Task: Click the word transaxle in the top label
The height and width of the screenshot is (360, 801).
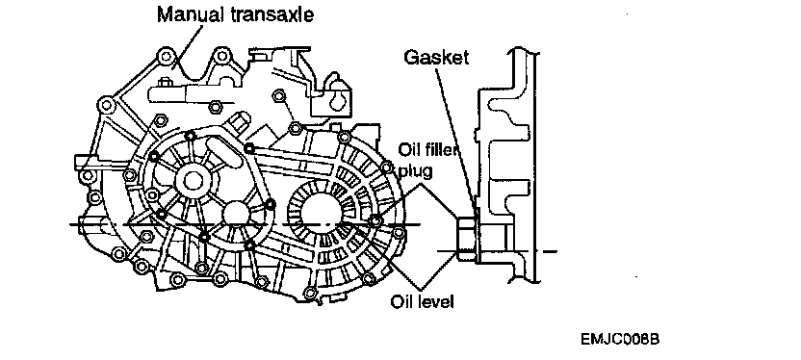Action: point(271,13)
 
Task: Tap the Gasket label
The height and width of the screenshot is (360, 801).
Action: point(436,57)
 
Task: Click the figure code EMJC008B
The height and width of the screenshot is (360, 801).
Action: point(620,339)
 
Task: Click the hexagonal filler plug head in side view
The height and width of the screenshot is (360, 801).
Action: point(465,239)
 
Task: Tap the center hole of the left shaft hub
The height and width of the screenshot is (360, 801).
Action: point(193,180)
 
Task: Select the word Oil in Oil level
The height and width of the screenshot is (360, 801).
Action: point(401,302)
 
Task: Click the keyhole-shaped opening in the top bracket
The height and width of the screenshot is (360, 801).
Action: point(338,98)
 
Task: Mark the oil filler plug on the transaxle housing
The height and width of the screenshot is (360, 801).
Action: point(376,220)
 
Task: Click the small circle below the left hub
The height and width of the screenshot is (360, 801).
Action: point(236,213)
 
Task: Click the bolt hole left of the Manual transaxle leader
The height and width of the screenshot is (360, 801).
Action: point(166,56)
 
